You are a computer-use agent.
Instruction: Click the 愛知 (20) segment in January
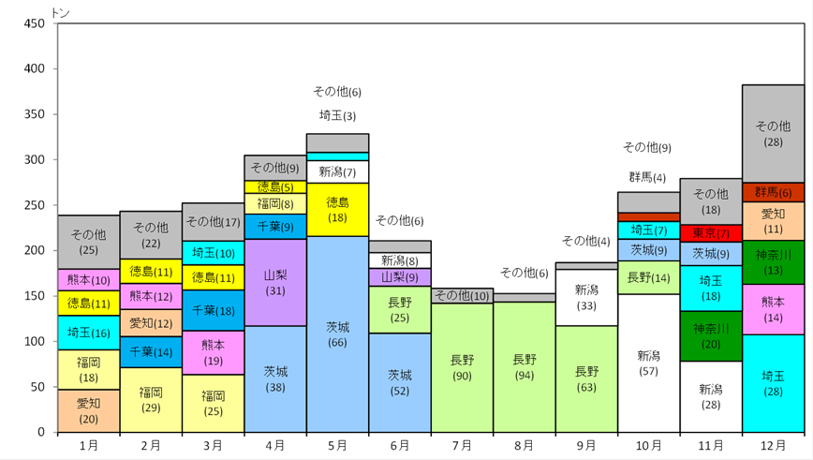(89, 410)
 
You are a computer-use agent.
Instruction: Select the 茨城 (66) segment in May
(337, 334)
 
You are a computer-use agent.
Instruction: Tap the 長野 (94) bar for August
(525, 367)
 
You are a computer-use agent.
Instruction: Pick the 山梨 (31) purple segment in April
(275, 283)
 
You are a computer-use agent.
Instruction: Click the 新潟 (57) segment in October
(649, 363)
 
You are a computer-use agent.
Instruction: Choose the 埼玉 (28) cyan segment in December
(773, 383)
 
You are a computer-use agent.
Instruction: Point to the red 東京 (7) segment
(711, 233)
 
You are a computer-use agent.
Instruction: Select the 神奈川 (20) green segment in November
(711, 336)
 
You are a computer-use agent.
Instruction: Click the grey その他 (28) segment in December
(773, 134)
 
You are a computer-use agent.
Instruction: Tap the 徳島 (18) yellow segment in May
(337, 210)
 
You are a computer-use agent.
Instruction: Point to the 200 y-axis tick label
(35, 250)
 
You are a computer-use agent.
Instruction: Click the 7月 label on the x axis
(462, 446)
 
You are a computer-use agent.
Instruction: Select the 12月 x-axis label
(773, 446)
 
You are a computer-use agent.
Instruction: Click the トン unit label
(61, 13)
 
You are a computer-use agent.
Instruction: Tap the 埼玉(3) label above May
(337, 115)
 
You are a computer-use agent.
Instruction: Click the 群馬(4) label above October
(647, 177)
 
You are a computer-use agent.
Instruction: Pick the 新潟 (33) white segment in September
(586, 298)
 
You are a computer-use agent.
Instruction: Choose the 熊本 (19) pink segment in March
(214, 352)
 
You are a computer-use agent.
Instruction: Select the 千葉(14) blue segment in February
(151, 352)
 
